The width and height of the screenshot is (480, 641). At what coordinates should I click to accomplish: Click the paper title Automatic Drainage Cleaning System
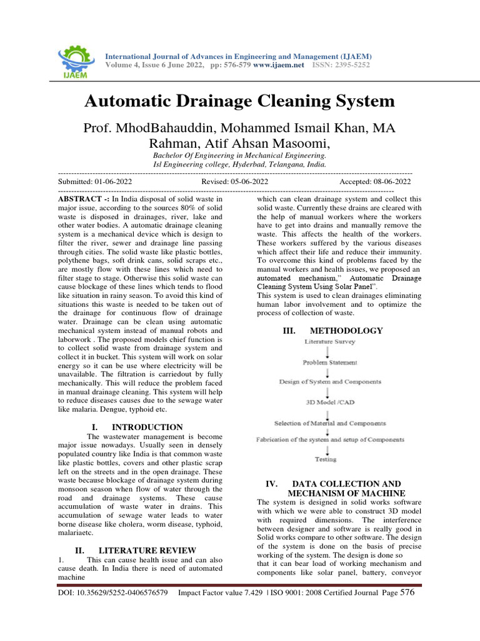240,101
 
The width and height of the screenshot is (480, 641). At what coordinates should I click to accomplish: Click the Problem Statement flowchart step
330,362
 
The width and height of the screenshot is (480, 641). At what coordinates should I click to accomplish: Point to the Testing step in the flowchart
325,459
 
